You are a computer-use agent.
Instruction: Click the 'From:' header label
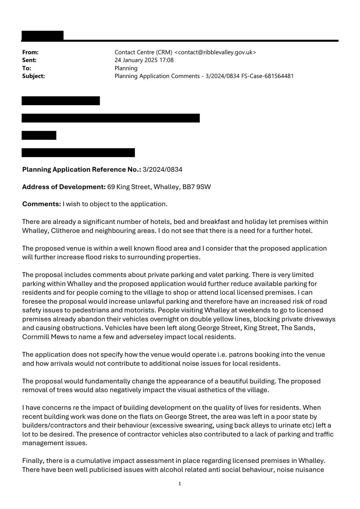click(x=30, y=52)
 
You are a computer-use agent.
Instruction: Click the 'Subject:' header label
click(x=33, y=76)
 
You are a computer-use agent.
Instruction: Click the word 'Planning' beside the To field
click(x=126, y=68)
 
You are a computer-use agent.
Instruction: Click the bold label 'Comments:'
click(x=41, y=204)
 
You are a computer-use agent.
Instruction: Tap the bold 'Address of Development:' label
click(x=64, y=187)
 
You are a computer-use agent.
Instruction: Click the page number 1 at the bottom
click(x=180, y=484)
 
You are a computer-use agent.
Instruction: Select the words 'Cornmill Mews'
click(x=46, y=337)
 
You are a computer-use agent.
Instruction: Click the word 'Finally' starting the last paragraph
click(x=34, y=461)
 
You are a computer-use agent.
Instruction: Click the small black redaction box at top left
click(x=42, y=35)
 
